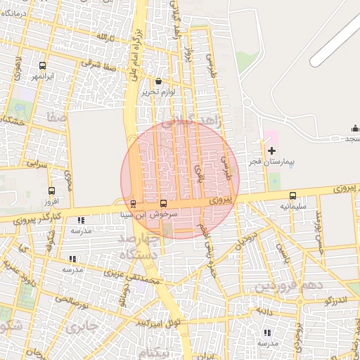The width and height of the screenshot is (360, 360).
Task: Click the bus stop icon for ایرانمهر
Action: point(43,65)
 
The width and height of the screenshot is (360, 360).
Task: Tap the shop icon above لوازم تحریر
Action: point(157,82)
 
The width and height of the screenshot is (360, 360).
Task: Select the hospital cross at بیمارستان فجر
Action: point(271,151)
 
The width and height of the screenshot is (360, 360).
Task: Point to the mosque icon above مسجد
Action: point(354,128)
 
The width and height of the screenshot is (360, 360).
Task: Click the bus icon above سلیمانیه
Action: point(292,196)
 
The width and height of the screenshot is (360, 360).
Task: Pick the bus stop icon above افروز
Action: point(51,191)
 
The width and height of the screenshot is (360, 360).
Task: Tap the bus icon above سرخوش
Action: point(164,203)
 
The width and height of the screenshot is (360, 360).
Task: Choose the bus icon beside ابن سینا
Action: point(134,204)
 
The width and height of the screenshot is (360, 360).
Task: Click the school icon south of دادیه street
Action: point(266,333)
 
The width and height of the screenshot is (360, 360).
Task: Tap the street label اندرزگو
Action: point(338,300)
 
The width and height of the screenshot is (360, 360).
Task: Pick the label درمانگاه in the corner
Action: point(15,13)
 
